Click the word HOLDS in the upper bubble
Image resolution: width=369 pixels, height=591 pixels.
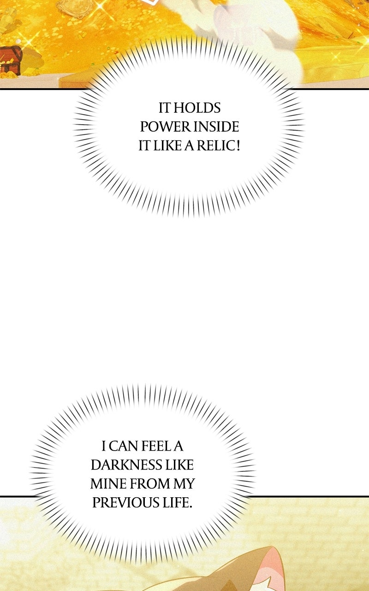(197, 108)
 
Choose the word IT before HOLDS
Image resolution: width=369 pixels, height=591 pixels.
(165, 108)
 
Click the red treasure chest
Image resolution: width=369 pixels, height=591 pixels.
(11, 60)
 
